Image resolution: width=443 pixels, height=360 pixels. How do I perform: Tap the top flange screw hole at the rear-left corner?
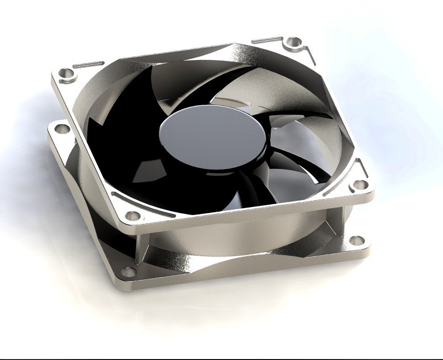tap(67, 73)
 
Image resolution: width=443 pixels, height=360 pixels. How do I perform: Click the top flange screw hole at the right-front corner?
tap(359, 185)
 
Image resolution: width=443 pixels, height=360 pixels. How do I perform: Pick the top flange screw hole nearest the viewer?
tap(133, 216)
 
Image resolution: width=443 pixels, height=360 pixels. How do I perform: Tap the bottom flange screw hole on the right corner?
tap(357, 241)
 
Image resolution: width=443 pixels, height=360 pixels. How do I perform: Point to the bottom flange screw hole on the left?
tap(60, 128)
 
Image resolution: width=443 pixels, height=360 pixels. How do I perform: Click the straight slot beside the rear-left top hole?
tap(89, 64)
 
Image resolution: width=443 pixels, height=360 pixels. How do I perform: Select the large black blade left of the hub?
tap(117, 140)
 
